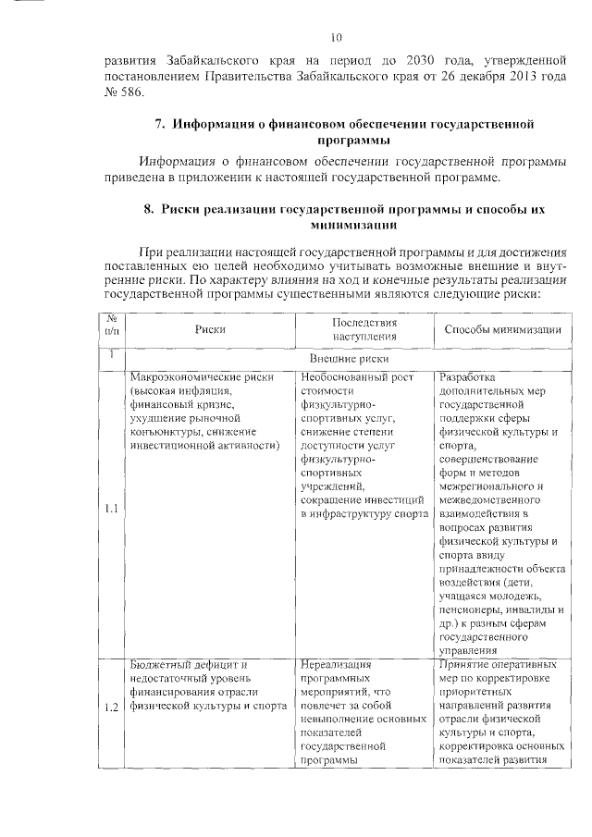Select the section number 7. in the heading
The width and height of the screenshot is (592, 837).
pos(159,123)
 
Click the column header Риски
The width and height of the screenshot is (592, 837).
pos(210,329)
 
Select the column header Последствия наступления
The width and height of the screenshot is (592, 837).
pos(364,329)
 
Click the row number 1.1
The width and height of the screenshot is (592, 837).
pos(111,508)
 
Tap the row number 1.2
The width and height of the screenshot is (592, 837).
pos(111,708)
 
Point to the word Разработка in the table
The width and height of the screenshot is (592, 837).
pos(467,377)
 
